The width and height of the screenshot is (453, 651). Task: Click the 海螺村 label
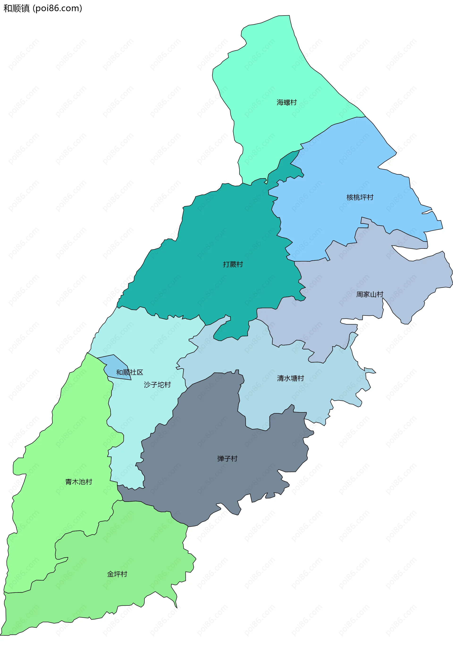(286, 102)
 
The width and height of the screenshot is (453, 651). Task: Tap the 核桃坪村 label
(360, 197)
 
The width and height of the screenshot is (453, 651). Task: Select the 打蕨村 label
(233, 264)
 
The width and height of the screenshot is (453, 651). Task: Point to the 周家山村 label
(369, 294)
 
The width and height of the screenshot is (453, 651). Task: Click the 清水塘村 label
(290, 378)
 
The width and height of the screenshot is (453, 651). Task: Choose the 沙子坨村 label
(157, 385)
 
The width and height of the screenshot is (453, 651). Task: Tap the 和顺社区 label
(129, 372)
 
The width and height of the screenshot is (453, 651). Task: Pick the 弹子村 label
(227, 458)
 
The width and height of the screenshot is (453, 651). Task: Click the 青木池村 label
(79, 482)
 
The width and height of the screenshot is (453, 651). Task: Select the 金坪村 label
(117, 574)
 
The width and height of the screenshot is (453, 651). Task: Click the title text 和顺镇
(17, 8)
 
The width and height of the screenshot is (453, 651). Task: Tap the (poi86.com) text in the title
(58, 8)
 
